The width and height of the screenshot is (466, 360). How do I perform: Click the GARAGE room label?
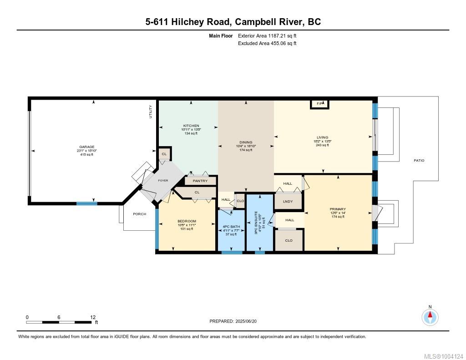point(87,147)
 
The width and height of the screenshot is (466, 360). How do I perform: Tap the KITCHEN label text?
point(191,126)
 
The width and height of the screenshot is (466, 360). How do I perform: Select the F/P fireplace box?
point(320,104)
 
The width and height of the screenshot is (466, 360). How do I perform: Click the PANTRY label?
point(200,181)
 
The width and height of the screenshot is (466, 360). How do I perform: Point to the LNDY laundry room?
point(288,202)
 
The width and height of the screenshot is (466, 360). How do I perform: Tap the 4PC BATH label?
point(231,227)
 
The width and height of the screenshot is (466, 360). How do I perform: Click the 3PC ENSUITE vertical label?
point(256,223)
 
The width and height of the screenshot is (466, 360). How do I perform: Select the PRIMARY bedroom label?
point(338,209)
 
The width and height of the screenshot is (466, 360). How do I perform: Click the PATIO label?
point(419,161)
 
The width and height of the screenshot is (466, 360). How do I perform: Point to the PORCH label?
point(140,214)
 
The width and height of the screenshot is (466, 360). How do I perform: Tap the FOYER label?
point(163,180)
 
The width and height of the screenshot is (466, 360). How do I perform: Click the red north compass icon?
point(430,317)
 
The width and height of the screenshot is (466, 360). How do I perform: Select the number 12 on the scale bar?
point(93,317)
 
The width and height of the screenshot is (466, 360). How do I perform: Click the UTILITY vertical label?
point(150,112)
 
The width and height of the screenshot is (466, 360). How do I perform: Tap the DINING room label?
point(246,142)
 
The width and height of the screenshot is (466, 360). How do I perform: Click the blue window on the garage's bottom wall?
point(87,203)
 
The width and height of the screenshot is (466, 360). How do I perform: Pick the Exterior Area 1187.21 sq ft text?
point(267,36)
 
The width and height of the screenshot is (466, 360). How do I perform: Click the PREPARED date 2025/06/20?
point(246,321)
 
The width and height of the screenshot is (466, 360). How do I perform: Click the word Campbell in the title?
point(255,22)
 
